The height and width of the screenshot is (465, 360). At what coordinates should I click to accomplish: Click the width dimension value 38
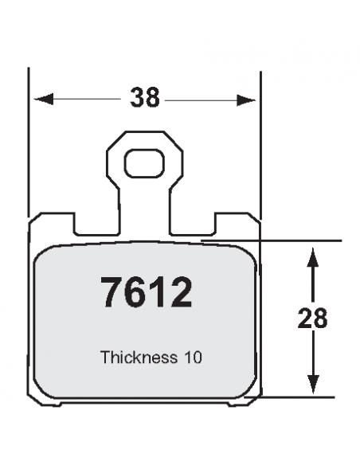click(146, 98)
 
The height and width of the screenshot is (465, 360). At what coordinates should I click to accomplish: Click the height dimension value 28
click(313, 318)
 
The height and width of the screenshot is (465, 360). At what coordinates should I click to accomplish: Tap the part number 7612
click(146, 293)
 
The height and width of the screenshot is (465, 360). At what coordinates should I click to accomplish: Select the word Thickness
click(138, 358)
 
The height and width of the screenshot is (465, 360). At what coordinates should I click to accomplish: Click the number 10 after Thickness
click(192, 358)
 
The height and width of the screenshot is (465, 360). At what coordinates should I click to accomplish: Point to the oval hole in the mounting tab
click(144, 165)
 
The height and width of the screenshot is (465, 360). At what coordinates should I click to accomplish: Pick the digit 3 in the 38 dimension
click(137, 98)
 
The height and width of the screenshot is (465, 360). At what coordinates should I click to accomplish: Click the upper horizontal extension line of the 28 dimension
click(303, 240)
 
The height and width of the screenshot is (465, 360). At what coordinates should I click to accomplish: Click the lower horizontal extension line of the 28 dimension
click(303, 395)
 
